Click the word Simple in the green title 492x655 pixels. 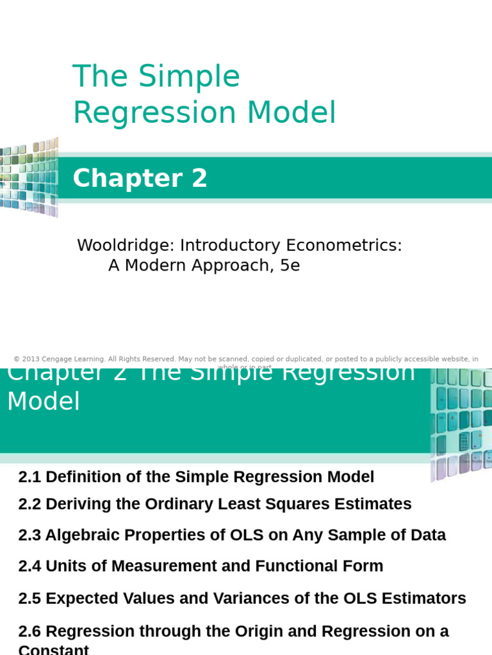pyautogui.click(x=189, y=77)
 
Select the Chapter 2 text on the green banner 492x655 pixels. pyautogui.click(x=140, y=178)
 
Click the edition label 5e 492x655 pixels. pyautogui.click(x=290, y=265)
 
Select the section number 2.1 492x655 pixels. pyautogui.click(x=29, y=477)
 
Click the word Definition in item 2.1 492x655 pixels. pyautogui.click(x=80, y=477)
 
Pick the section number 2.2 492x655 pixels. pyautogui.click(x=29, y=504)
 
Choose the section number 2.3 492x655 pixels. pyautogui.click(x=29, y=535)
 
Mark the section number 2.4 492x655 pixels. pyautogui.click(x=29, y=566)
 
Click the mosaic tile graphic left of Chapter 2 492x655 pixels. pyautogui.click(x=29, y=177)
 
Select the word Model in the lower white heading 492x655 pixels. pyautogui.click(x=44, y=402)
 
